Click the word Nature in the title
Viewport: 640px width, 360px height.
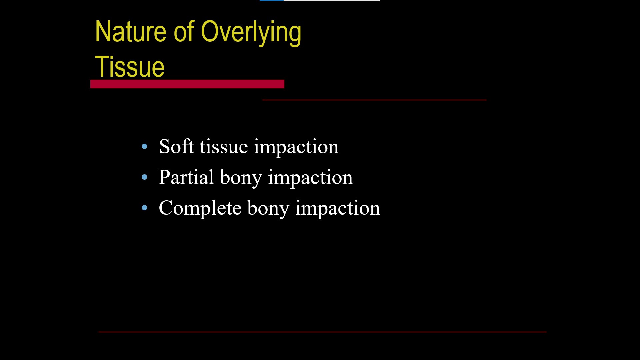click(131, 32)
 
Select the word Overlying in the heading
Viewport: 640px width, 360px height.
click(251, 33)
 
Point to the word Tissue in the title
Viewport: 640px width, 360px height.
click(130, 67)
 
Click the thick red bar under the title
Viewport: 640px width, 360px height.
click(187, 84)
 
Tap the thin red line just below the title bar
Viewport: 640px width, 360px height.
click(374, 100)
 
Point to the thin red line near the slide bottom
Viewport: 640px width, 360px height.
click(322, 332)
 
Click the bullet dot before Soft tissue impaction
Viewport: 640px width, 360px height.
click(144, 146)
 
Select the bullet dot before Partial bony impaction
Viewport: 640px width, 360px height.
click(144, 177)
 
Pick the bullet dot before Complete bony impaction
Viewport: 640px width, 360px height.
click(144, 208)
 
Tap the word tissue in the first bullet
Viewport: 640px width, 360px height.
click(224, 147)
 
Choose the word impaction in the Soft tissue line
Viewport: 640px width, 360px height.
click(296, 148)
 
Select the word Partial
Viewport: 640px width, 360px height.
click(186, 177)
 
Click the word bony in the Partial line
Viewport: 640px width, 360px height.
click(241, 178)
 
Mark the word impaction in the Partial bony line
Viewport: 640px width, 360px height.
click(310, 178)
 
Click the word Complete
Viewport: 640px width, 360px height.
click(200, 208)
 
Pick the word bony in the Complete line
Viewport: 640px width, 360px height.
click(268, 208)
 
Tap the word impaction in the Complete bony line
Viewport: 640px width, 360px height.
click(338, 209)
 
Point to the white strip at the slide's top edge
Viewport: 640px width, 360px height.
click(332, 0)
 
